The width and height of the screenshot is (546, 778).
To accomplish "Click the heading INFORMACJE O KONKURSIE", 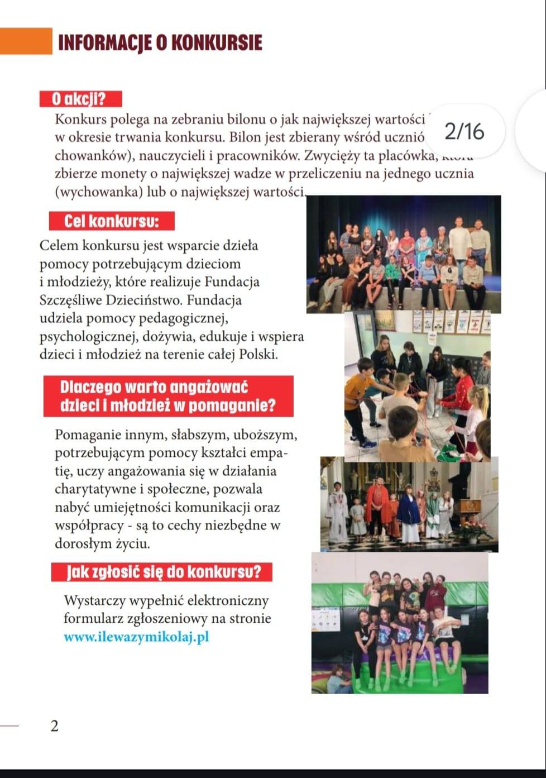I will (160, 43).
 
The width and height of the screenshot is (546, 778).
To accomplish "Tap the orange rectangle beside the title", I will (26, 41).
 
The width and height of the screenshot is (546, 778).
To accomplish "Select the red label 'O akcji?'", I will (80, 99).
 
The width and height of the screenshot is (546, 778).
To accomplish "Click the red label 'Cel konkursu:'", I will (112, 221).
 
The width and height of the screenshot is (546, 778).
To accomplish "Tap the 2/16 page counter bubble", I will (465, 131).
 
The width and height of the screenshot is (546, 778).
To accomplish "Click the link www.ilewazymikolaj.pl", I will (136, 637).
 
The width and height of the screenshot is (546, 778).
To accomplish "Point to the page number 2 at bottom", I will (54, 726).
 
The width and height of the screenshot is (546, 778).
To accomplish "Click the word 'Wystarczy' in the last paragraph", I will (94, 601).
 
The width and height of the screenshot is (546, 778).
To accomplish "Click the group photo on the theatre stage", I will (403, 255).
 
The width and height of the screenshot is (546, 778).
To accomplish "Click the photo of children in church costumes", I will (409, 504).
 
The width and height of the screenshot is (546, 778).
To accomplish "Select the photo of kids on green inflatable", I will (400, 623).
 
